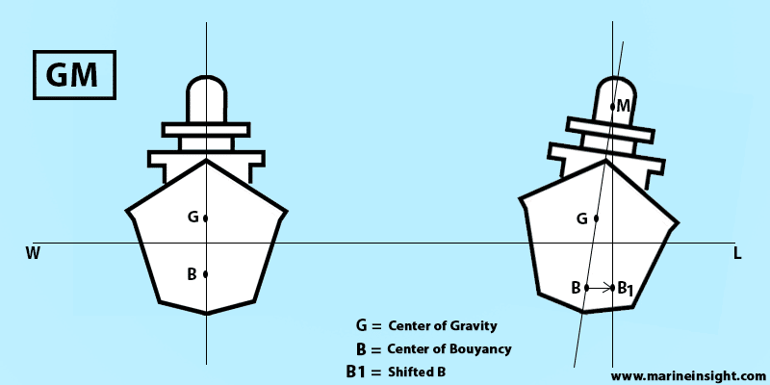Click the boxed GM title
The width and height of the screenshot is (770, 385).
coord(74,74)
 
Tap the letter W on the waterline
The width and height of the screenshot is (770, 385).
coord(33,254)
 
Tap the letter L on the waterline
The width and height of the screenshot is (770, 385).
coord(736,254)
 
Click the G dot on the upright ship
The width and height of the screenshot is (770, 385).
coord(206,218)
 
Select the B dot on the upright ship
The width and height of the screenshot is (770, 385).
coord(206,274)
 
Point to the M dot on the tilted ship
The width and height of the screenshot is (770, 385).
coord(613,106)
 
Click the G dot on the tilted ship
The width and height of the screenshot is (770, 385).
coord(597,218)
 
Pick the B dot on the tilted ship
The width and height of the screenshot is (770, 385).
coord(586,287)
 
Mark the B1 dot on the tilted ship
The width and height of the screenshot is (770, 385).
coord(613,287)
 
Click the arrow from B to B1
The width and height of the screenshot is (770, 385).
coord(600,287)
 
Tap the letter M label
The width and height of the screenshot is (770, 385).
coord(624,105)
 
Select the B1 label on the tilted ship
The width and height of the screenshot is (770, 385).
coord(626,288)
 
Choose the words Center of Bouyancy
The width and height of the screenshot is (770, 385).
coord(449,348)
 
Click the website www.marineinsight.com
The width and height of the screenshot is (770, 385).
coord(687,375)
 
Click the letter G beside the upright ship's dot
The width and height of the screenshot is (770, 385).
coord(192,218)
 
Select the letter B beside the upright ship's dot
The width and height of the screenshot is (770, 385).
coord(192,274)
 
